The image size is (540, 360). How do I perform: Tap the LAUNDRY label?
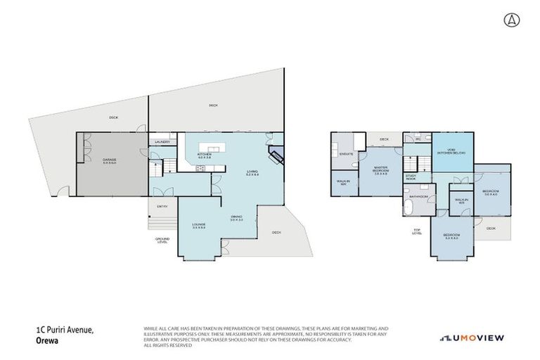coord(162,142)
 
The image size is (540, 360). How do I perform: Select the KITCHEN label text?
coord(205,155)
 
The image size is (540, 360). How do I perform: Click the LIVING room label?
coord(252,173)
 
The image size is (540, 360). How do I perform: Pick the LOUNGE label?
coord(199,226)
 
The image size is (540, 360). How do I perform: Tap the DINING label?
coord(236,218)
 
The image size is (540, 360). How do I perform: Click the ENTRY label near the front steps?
coord(162,206)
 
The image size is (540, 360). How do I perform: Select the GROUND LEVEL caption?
coord(162,240)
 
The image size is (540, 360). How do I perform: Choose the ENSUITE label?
coord(345,153)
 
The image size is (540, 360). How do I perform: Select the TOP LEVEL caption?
coord(417,232)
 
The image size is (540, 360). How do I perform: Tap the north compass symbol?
coord(508,20)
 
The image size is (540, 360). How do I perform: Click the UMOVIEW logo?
coord(471,338)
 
